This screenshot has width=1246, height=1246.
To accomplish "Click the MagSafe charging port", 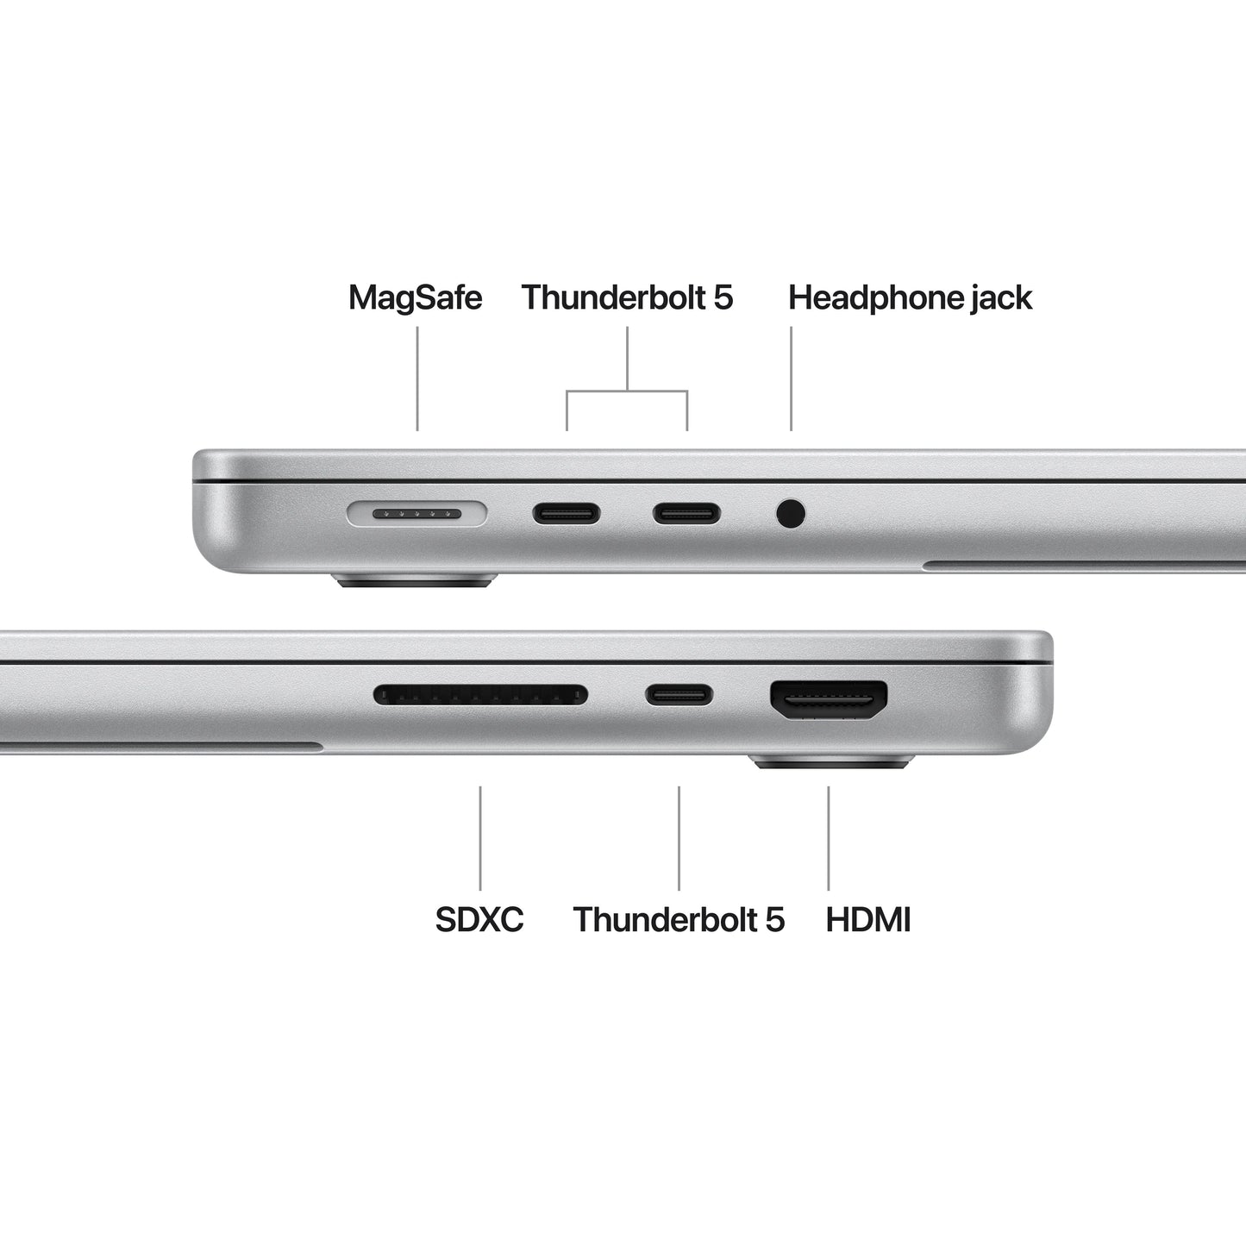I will coord(416,515).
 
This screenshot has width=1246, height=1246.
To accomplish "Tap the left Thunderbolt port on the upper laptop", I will coord(567,515).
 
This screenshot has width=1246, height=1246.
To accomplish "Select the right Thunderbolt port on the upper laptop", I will coord(686,515).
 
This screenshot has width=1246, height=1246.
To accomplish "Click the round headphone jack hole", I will coord(791,514).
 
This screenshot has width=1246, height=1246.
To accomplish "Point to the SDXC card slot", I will coord(480,694).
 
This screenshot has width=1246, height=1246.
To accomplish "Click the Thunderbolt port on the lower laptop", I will coord(679,694).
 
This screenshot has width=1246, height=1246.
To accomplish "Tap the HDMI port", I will coord(829,700).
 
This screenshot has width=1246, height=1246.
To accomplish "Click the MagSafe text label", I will coord(415,297).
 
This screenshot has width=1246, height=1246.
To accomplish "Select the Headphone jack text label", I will coord(910,297).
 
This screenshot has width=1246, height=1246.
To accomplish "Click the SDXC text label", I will coord(479,919).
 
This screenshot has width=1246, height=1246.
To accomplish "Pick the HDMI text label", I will coord(868,919).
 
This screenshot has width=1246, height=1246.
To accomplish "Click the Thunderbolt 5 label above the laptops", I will coord(627,297).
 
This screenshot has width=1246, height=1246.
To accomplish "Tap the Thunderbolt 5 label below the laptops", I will coord(679,919).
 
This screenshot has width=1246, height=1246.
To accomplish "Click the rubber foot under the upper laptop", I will coord(415,580).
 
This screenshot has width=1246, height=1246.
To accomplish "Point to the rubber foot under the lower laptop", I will coord(831,761).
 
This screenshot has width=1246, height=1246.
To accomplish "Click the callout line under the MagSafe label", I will coord(417,379).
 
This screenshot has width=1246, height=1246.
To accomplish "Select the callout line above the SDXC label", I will coord(480,837).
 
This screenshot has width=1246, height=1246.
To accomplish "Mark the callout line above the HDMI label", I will coord(829,837).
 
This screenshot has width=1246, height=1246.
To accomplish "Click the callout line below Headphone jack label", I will coord(791,379).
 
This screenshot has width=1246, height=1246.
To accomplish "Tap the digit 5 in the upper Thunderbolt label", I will coord(723,297).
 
